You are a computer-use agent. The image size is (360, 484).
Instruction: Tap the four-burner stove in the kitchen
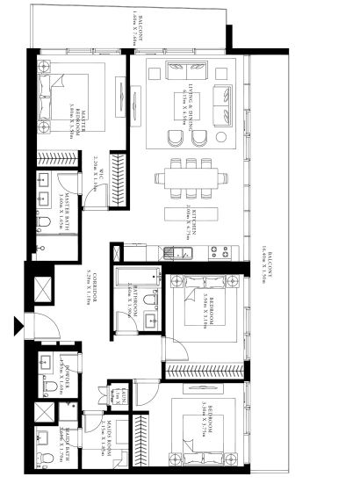click(x=220, y=252)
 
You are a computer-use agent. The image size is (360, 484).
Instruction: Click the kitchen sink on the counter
click(x=183, y=253)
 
